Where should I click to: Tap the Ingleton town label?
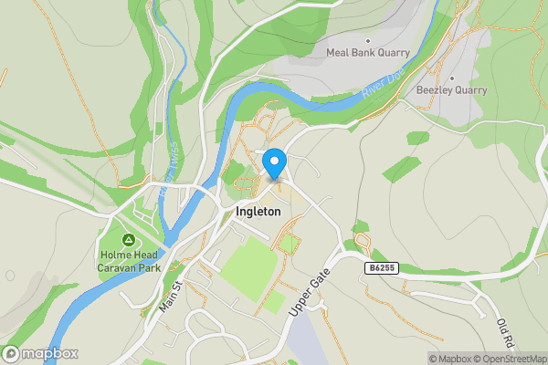pos(253,211)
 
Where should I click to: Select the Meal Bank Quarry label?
pos(367,53)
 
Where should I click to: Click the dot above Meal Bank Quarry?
pos(368,40)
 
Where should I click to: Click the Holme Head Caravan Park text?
pos(129,262)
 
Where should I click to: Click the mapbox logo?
pos(40,354)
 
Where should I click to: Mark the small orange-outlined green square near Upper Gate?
pos(289,244)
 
